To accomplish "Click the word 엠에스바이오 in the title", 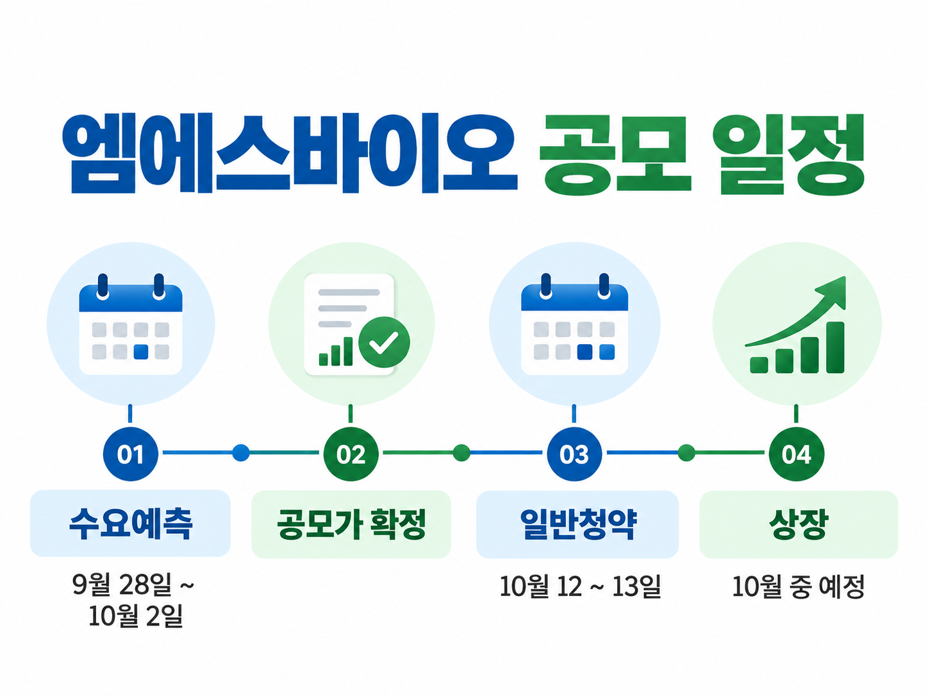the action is [290, 153].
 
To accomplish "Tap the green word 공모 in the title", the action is [615, 154].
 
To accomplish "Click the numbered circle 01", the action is [131, 454].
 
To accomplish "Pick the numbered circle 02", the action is [351, 454].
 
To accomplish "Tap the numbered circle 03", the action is [574, 454].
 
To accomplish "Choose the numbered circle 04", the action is [797, 454].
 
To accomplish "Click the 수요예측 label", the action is [131, 524].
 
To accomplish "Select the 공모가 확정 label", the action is [351, 524].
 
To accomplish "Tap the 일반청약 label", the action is [577, 524].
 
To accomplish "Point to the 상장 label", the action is [798, 524].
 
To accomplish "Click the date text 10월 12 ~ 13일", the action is [580, 586].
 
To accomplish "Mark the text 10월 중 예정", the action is [798, 586].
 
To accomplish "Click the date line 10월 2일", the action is [135, 615].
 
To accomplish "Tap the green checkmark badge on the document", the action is [384, 342].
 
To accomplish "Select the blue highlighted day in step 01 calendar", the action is [141, 352].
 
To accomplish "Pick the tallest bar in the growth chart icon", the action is [835, 347].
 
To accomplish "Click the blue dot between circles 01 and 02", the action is [241, 452].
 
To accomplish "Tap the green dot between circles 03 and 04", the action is [686, 453].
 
